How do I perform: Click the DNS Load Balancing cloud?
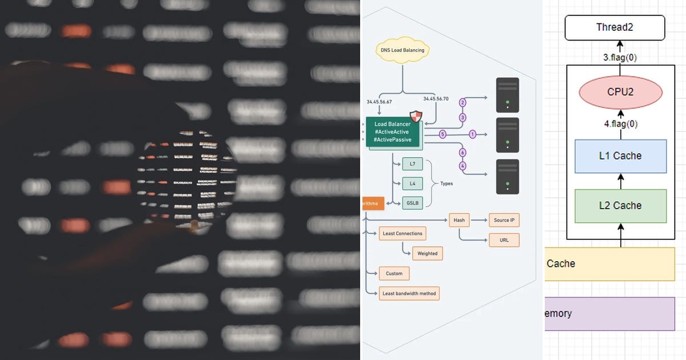point(402,50)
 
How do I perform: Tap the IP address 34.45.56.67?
point(379,102)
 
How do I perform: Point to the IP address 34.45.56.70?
point(436,98)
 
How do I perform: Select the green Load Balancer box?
point(392,132)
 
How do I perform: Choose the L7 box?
point(412,164)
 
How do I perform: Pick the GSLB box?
point(412,202)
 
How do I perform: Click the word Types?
point(446,183)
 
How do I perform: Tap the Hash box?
point(459,220)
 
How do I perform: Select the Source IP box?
point(504,220)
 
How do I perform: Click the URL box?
point(504,240)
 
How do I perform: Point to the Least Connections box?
point(402,233)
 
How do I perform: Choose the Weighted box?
point(427,253)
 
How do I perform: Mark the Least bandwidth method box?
point(409,293)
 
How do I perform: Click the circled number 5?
point(442,134)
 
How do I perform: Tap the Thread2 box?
point(615,27)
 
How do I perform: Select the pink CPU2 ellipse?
point(620,92)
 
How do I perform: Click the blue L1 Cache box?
point(620,155)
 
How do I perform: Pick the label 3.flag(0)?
point(620,57)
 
